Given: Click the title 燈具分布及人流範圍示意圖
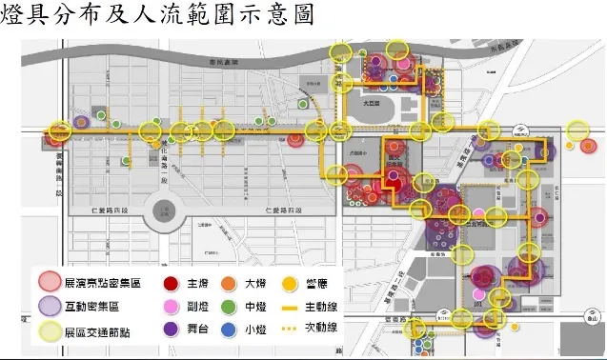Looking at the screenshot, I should [157, 18].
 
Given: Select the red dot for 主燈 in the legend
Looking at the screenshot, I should [172, 283].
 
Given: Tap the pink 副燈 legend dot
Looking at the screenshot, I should [172, 306].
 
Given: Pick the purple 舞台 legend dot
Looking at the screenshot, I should [172, 330].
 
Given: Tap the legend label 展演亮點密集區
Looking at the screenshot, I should [100, 283].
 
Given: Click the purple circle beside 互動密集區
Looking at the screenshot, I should [49, 306].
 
